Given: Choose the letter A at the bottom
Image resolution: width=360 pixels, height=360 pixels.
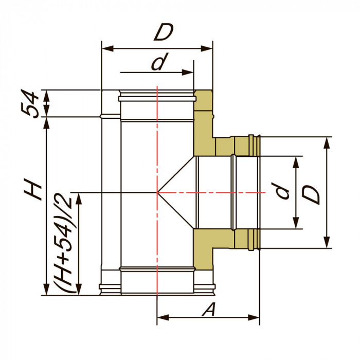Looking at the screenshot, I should (208, 310).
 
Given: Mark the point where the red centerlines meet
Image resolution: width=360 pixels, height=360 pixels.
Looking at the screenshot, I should (156, 192).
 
